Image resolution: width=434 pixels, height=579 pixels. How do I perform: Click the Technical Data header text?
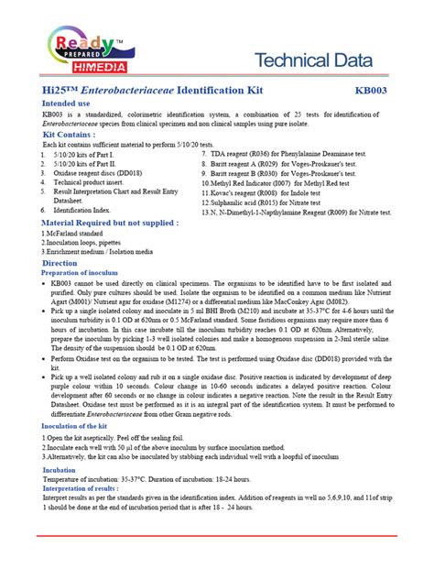tap(312, 61)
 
